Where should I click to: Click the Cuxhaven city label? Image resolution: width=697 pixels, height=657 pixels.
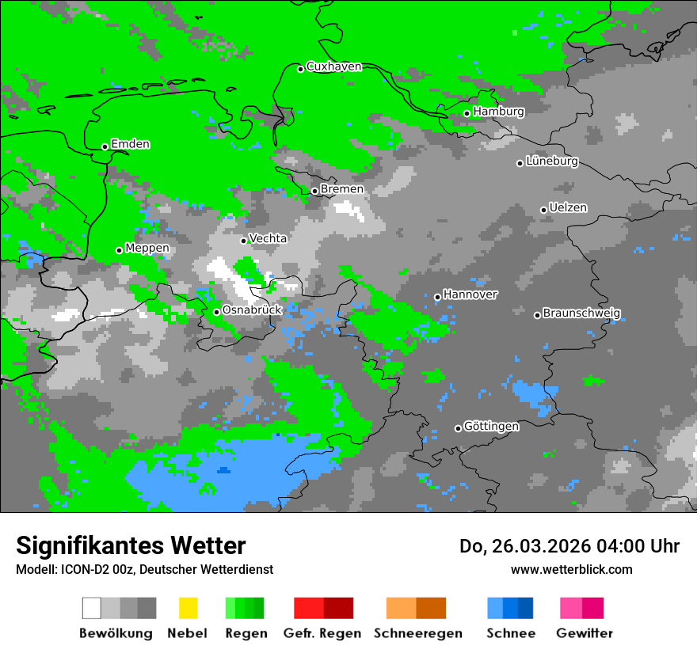[333, 66]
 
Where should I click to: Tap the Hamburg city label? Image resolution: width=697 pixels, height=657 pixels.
[498, 112]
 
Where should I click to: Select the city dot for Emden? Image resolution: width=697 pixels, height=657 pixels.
[105, 146]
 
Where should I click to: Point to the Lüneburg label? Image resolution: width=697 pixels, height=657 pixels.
[552, 161]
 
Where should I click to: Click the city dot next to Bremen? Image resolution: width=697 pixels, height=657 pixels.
[314, 191]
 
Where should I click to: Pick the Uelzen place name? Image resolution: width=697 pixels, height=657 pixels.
[568, 208]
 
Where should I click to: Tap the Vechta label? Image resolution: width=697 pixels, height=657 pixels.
[268, 238]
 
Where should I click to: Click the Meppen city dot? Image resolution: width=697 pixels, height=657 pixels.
[119, 250]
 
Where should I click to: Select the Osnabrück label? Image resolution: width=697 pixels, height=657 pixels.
[252, 310]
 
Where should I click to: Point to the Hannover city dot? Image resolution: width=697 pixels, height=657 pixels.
[437, 298]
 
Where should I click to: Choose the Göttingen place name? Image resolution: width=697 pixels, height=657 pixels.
[491, 427]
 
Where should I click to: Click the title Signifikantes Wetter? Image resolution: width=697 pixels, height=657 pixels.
[131, 546]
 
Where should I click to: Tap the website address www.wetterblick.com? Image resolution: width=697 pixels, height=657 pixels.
[571, 569]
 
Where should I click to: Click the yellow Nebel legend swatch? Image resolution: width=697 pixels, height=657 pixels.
[188, 608]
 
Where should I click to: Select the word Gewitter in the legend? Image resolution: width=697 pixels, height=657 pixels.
[584, 633]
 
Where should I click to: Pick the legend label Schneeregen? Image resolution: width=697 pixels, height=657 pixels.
[418, 633]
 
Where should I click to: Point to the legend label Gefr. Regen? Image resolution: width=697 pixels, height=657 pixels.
[322, 633]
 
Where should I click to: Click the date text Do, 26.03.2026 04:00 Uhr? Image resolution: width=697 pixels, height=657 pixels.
[569, 546]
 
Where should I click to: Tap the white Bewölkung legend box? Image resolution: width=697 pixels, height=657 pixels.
[92, 608]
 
